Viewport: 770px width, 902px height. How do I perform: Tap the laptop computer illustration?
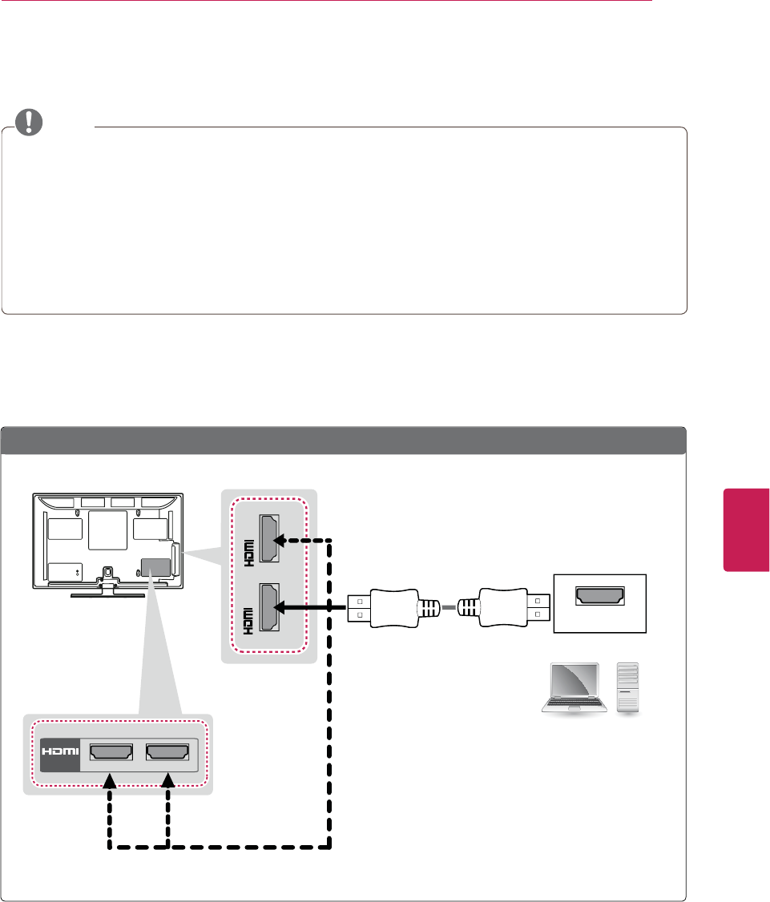(571, 687)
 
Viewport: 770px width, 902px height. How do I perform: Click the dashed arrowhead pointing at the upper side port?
(280, 540)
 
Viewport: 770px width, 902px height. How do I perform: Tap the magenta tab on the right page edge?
(746, 530)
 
